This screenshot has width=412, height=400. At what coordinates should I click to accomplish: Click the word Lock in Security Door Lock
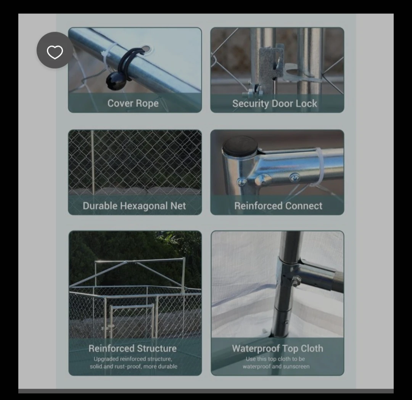306,103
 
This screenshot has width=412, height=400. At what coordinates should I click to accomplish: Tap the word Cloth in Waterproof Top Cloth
312,349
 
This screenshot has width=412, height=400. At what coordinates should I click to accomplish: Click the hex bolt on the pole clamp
296,281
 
